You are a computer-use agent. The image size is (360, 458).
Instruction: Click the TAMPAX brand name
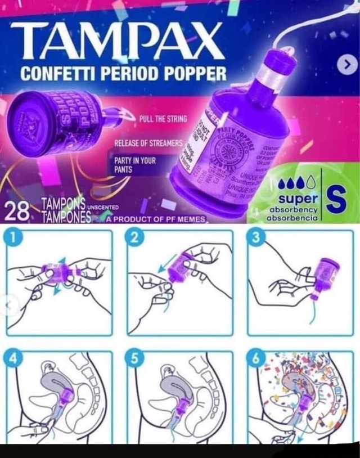click(x=116, y=43)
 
